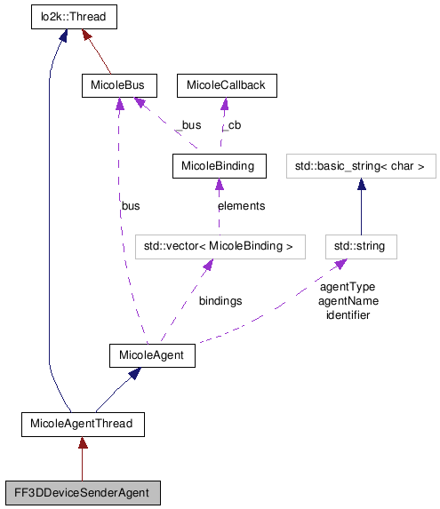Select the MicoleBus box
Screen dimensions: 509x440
[x=118, y=85]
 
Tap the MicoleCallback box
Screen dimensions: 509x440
[x=227, y=85]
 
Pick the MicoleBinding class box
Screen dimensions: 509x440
[x=218, y=165]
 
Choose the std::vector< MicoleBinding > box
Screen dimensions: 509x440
[x=212, y=246]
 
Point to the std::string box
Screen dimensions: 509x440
[x=360, y=246]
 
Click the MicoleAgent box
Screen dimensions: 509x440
[x=151, y=355]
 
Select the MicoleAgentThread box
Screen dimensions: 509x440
[x=82, y=424]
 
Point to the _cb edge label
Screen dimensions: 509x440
[x=232, y=126]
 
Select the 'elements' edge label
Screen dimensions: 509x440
[x=241, y=206]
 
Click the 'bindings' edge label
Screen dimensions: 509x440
[x=220, y=301]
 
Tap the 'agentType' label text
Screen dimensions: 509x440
[x=347, y=288]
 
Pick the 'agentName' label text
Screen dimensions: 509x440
[x=348, y=301]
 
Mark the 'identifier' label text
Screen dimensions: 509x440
[x=348, y=314]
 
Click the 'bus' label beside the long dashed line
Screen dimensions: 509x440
[x=131, y=206]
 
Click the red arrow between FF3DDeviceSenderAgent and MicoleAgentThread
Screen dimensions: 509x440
[x=82, y=457]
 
